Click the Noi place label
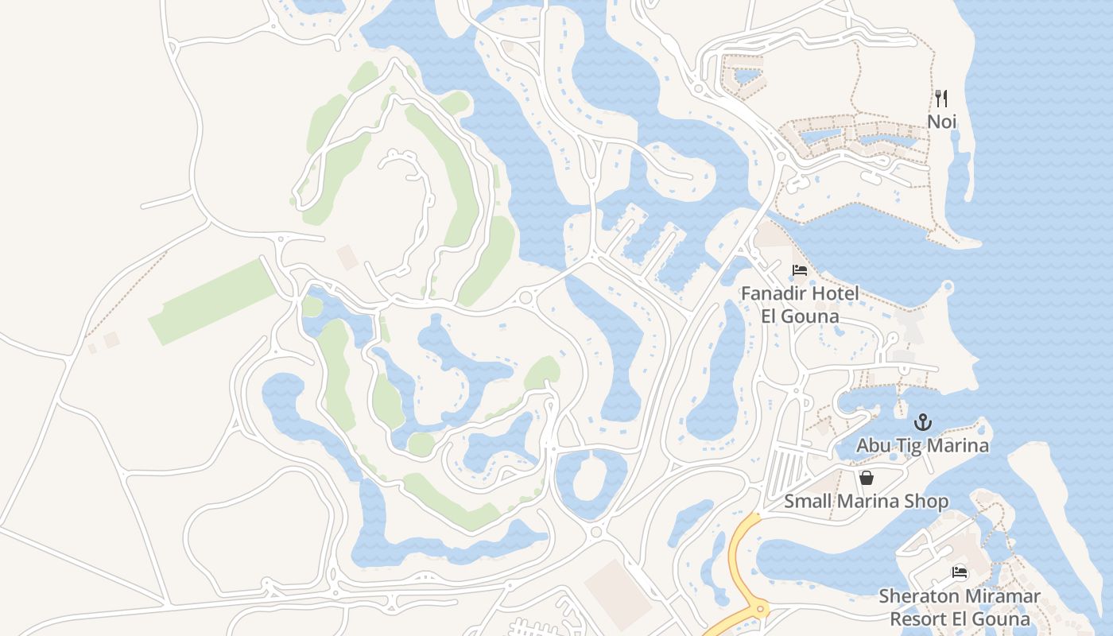[x=941, y=122]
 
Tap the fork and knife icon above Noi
[x=941, y=99]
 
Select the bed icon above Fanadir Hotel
[x=799, y=271]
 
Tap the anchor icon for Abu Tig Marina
[x=922, y=422]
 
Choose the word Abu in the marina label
[x=872, y=445]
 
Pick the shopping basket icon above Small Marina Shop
[x=866, y=478]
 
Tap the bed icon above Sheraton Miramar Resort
[x=960, y=572]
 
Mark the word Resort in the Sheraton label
[x=921, y=619]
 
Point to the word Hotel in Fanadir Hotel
[x=835, y=293]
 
